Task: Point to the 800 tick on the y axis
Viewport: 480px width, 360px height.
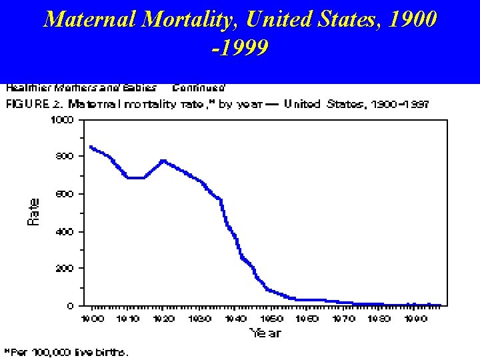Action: [66, 156]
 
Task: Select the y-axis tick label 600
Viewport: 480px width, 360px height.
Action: [66, 194]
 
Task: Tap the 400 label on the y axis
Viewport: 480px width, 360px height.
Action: [66, 231]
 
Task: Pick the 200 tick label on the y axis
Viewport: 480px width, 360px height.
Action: [66, 268]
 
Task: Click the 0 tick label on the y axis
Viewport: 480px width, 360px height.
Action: [71, 306]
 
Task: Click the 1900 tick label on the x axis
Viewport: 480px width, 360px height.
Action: [93, 319]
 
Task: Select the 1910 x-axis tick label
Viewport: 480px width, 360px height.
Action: [128, 319]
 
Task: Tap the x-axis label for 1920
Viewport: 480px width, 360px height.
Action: [164, 319]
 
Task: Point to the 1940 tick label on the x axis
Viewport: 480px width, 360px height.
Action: [235, 319]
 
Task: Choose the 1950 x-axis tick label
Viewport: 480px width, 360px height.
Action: [271, 319]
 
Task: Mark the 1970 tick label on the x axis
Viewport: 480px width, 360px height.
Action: [343, 319]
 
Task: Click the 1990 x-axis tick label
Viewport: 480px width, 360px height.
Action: [415, 319]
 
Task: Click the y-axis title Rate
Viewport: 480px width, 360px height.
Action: [34, 211]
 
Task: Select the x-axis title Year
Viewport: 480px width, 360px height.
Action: [265, 332]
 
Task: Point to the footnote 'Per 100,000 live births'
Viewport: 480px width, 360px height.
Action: [67, 351]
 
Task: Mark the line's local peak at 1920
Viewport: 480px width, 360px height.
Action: [163, 161]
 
